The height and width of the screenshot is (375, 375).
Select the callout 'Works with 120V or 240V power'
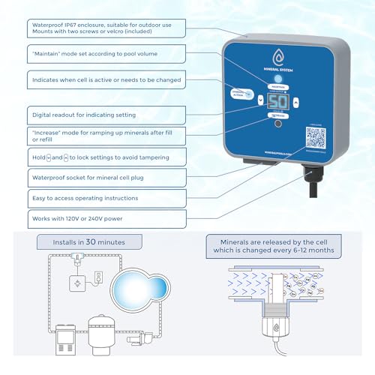[97, 218]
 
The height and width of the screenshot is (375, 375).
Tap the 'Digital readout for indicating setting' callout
[97, 115]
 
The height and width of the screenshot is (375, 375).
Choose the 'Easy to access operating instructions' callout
[97, 198]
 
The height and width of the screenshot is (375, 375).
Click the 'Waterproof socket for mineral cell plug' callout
[97, 178]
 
